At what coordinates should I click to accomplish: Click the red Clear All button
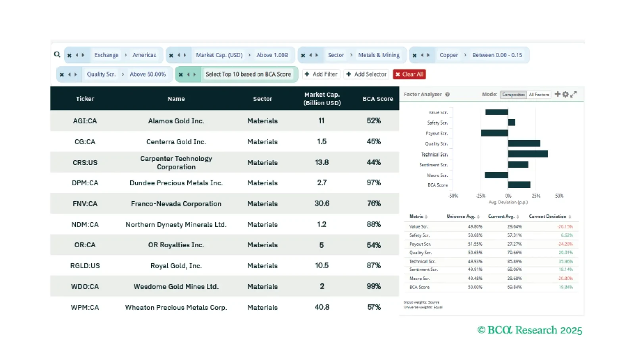(x=409, y=74)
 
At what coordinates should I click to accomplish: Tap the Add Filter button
(x=321, y=74)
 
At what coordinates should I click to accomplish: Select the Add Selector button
(x=366, y=74)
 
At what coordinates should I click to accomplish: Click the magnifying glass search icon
(x=57, y=54)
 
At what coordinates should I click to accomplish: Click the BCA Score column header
(x=377, y=99)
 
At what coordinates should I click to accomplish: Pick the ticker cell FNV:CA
(x=85, y=204)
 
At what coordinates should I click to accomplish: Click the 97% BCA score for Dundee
(x=373, y=183)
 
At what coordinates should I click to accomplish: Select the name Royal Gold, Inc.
(x=176, y=266)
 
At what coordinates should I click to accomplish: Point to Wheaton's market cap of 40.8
(x=321, y=307)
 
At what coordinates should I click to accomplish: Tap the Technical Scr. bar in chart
(x=527, y=154)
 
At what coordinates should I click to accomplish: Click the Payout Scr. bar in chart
(x=495, y=133)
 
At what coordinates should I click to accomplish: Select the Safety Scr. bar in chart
(x=512, y=123)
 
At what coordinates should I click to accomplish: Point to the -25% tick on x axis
(x=481, y=196)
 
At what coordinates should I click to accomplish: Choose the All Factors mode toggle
(x=539, y=94)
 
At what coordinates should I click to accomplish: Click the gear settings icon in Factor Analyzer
(x=566, y=94)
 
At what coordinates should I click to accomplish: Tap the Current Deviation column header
(x=547, y=216)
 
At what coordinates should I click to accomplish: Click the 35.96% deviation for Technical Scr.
(x=566, y=262)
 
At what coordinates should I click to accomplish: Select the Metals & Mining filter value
(x=379, y=55)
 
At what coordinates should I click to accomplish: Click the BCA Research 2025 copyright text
(x=529, y=330)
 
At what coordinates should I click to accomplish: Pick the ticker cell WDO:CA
(x=85, y=287)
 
